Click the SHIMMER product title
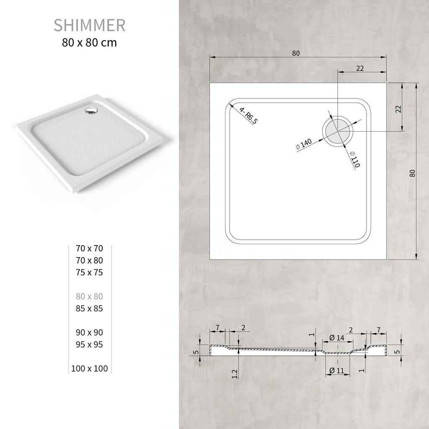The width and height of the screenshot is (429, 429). point(89,26)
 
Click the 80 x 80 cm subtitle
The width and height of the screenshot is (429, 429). point(89,42)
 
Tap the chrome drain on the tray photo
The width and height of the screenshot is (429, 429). point(90,111)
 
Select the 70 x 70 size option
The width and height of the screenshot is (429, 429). point(89,248)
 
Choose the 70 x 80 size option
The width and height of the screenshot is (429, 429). point(89,261)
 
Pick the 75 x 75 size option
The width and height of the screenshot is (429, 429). point(89,273)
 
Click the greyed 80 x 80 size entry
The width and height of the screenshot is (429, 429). point(89,297)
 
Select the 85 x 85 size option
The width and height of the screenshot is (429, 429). point(89,309)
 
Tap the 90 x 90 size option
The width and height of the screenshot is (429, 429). point(89,333)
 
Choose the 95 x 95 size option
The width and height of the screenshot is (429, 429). point(89,345)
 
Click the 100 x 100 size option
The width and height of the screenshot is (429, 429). point(89,369)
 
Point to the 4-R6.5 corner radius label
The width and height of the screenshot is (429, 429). point(249,116)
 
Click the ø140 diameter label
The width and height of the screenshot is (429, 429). point(304,144)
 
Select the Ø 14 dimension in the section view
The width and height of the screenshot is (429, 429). point(337,338)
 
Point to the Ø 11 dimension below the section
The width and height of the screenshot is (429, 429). point(337,370)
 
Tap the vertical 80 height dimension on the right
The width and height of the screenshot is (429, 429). point(412,173)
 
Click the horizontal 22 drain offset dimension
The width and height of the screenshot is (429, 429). point(360,68)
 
